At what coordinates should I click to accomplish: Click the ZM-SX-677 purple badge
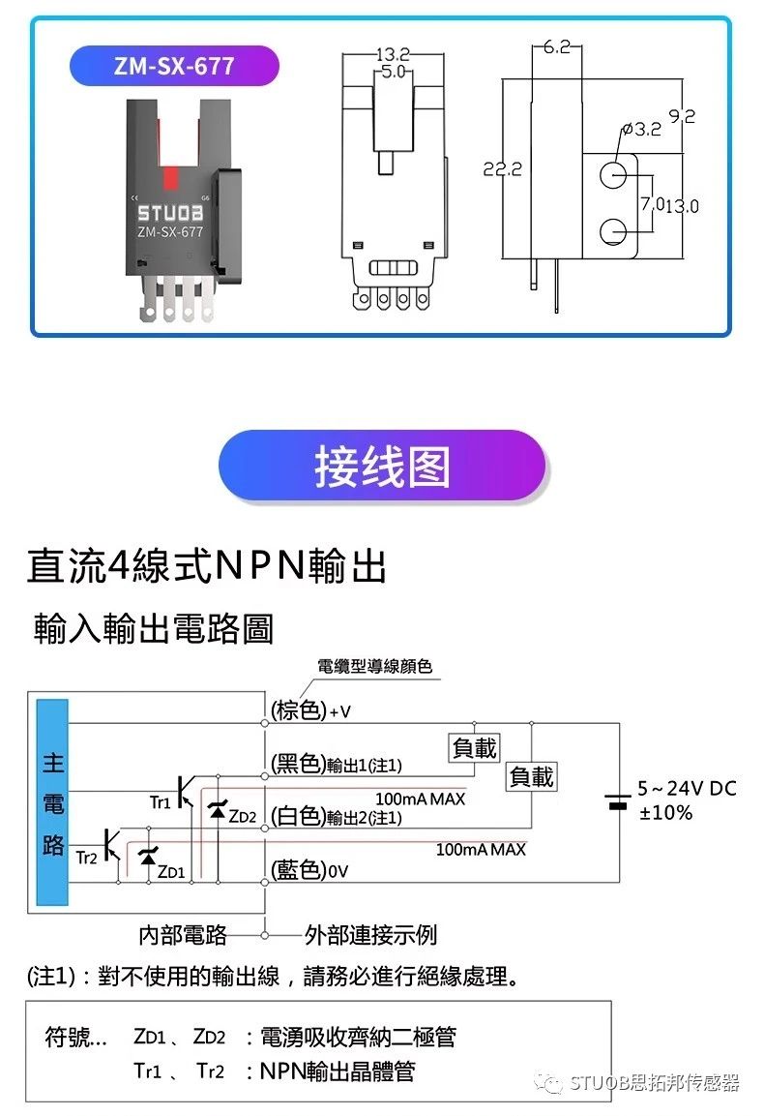point(174,67)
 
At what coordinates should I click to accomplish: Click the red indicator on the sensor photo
point(171,178)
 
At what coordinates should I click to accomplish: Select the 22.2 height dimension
point(503,169)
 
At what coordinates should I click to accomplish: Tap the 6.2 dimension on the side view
point(557,46)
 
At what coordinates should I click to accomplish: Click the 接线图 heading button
point(383,467)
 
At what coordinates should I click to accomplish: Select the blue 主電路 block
point(52,802)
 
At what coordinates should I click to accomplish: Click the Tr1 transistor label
point(160,802)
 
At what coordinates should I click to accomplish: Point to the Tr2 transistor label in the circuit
point(86,858)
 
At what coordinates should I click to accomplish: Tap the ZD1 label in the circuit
point(170,871)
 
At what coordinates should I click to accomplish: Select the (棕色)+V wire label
point(310,711)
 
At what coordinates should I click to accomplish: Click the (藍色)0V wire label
point(309,870)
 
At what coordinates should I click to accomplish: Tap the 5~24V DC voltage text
point(687,788)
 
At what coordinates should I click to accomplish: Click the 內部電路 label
point(183,935)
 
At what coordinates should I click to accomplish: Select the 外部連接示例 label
point(370,935)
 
